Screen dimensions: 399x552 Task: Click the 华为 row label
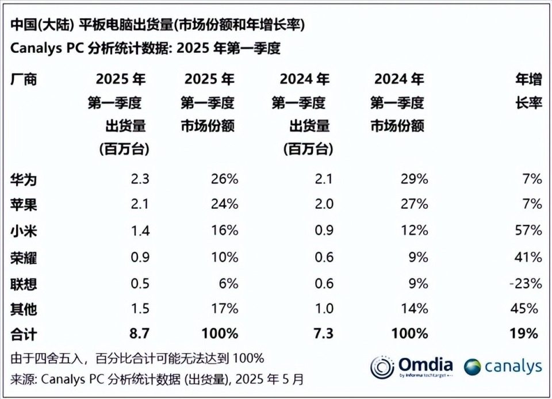pyautogui.click(x=24, y=179)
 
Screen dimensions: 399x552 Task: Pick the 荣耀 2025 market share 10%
pyautogui.click(x=225, y=257)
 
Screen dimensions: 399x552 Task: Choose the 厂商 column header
pyautogui.click(x=24, y=79)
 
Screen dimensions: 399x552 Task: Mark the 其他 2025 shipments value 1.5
pyautogui.click(x=140, y=309)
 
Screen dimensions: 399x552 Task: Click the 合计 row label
pyautogui.click(x=24, y=333)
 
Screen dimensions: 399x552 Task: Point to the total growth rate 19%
pyautogui.click(x=526, y=333)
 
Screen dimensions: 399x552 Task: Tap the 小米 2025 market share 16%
pyautogui.click(x=225, y=231)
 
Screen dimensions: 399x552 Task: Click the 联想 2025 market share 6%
pyautogui.click(x=228, y=283)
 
